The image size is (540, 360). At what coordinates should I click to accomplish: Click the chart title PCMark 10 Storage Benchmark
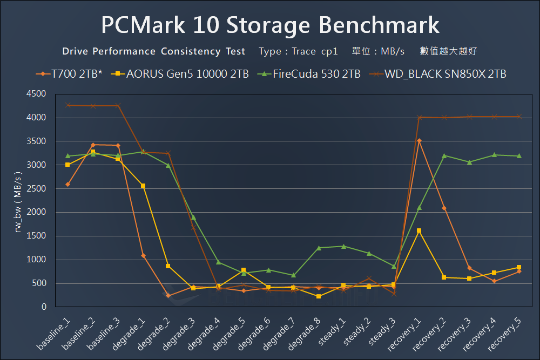pyautogui.click(x=270, y=25)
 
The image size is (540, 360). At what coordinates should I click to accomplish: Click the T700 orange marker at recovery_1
pyautogui.click(x=418, y=141)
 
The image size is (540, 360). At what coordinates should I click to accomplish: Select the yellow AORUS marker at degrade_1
pyautogui.click(x=143, y=186)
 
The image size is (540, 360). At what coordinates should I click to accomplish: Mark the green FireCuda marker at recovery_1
pyautogui.click(x=418, y=208)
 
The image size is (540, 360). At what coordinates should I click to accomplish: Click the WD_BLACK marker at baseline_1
pyautogui.click(x=67, y=105)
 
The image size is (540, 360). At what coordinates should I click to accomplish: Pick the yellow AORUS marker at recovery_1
pyautogui.click(x=418, y=230)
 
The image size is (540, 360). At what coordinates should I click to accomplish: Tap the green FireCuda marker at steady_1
pyautogui.click(x=343, y=246)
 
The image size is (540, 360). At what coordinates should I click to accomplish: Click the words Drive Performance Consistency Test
pyautogui.click(x=154, y=52)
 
